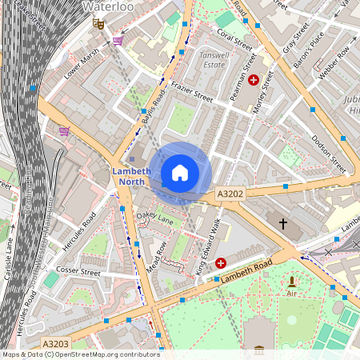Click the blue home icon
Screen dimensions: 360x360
(x=180, y=173)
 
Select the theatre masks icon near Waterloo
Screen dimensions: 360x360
(x=99, y=24)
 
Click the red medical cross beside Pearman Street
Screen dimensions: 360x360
(x=254, y=80)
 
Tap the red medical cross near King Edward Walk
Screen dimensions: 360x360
(x=221, y=262)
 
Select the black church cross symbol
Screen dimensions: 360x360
(x=282, y=223)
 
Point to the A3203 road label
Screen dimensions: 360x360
(x=55, y=344)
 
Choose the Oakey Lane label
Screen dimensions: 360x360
(x=154, y=218)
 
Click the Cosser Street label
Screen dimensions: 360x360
(x=78, y=272)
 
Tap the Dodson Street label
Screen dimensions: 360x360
(x=329, y=154)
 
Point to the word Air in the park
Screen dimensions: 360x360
(x=292, y=294)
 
